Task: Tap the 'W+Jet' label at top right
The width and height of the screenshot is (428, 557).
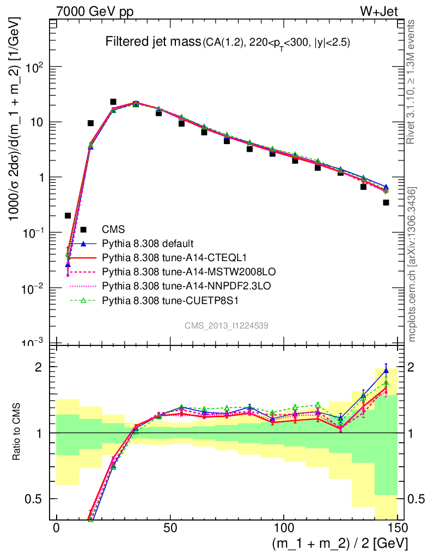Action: point(388,11)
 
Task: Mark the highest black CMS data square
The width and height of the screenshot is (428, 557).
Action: point(113,102)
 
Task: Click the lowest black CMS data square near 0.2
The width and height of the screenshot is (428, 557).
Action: point(68,215)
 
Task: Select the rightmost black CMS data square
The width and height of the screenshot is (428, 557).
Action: point(386,202)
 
